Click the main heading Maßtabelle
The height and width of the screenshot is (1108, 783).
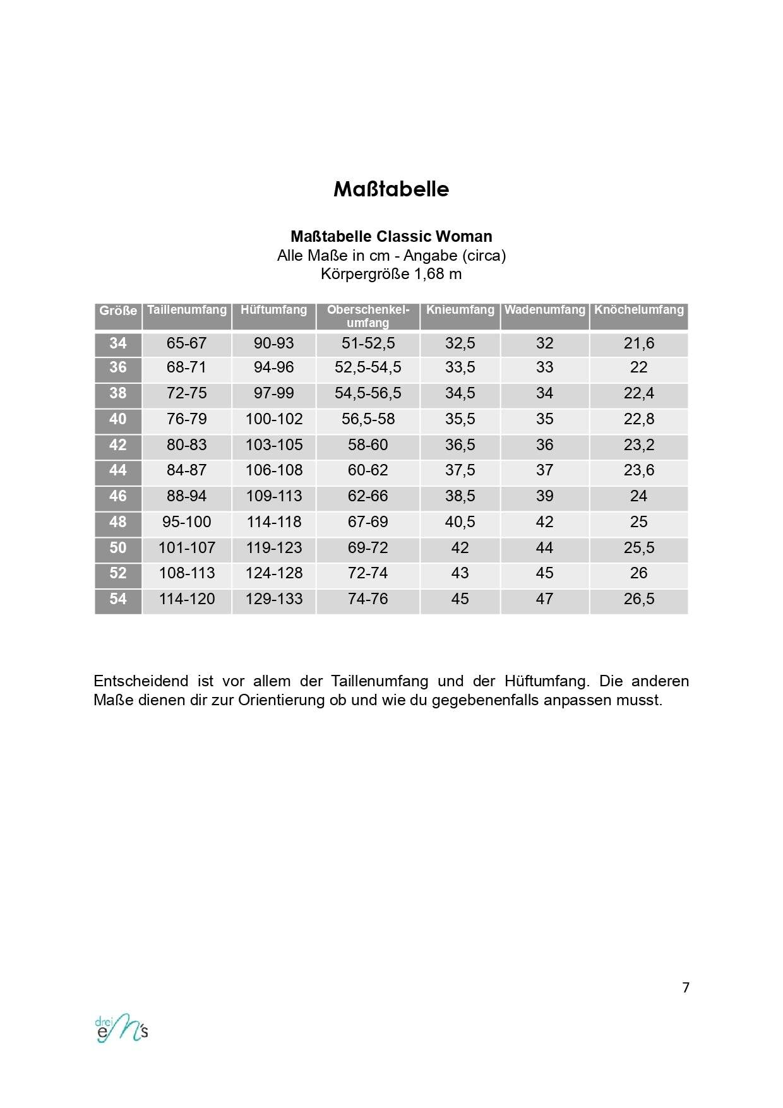391,189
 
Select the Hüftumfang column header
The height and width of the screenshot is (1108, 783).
273,310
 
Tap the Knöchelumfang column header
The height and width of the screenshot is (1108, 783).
638,310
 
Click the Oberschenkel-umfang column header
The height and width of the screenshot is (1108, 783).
368,316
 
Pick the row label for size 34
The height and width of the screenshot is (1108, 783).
118,343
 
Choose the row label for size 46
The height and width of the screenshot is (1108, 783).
118,496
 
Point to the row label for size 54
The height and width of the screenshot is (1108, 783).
118,599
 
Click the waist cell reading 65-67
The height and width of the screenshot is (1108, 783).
186,343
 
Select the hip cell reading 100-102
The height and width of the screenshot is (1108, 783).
273,419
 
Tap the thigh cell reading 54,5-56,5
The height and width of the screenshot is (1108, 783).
368,393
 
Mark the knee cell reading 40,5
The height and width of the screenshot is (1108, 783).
460,522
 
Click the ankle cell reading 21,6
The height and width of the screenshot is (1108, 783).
638,343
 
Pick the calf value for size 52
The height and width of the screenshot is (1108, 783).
544,573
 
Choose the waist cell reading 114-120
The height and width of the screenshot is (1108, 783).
186,599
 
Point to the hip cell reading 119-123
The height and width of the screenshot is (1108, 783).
273,548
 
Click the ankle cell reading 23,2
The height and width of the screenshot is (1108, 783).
638,445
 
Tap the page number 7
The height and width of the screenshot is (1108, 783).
686,987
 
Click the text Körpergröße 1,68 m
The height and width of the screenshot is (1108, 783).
391,274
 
